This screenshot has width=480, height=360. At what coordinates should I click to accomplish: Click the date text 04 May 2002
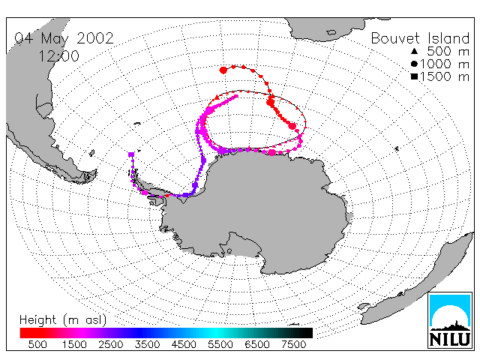click(x=64, y=38)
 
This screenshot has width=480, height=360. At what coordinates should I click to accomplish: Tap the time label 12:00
click(x=58, y=56)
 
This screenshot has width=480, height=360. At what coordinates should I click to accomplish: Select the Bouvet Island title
click(x=420, y=38)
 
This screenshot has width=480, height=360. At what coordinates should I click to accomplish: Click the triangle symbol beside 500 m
click(x=414, y=51)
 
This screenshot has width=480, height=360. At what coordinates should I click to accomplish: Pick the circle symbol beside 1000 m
click(x=414, y=64)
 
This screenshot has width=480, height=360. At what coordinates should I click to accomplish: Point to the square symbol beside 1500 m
click(x=414, y=76)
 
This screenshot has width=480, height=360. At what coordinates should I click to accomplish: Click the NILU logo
click(x=450, y=320)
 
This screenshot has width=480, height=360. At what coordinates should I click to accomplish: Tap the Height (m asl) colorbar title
click(x=63, y=320)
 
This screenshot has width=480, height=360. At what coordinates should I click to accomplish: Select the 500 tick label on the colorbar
click(x=37, y=344)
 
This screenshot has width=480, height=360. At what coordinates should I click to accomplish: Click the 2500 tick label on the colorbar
click(x=110, y=344)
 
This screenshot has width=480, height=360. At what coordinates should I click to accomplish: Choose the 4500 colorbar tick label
click(x=184, y=344)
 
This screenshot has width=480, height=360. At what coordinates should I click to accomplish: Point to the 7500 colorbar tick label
click(x=293, y=344)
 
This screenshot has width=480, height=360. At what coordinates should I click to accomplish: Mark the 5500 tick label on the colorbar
click(x=220, y=344)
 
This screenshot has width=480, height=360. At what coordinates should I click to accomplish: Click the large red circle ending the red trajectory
click(x=223, y=70)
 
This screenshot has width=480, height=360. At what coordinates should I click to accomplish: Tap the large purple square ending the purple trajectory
click(x=131, y=154)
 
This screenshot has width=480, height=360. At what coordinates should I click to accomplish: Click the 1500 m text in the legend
click(x=445, y=76)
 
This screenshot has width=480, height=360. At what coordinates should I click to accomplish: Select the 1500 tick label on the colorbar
click(x=74, y=344)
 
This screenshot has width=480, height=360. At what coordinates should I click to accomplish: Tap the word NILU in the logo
click(x=450, y=339)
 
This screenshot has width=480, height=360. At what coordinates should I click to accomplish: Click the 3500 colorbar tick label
click(x=147, y=344)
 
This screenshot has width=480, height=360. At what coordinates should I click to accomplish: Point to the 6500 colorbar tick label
click(x=256, y=344)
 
